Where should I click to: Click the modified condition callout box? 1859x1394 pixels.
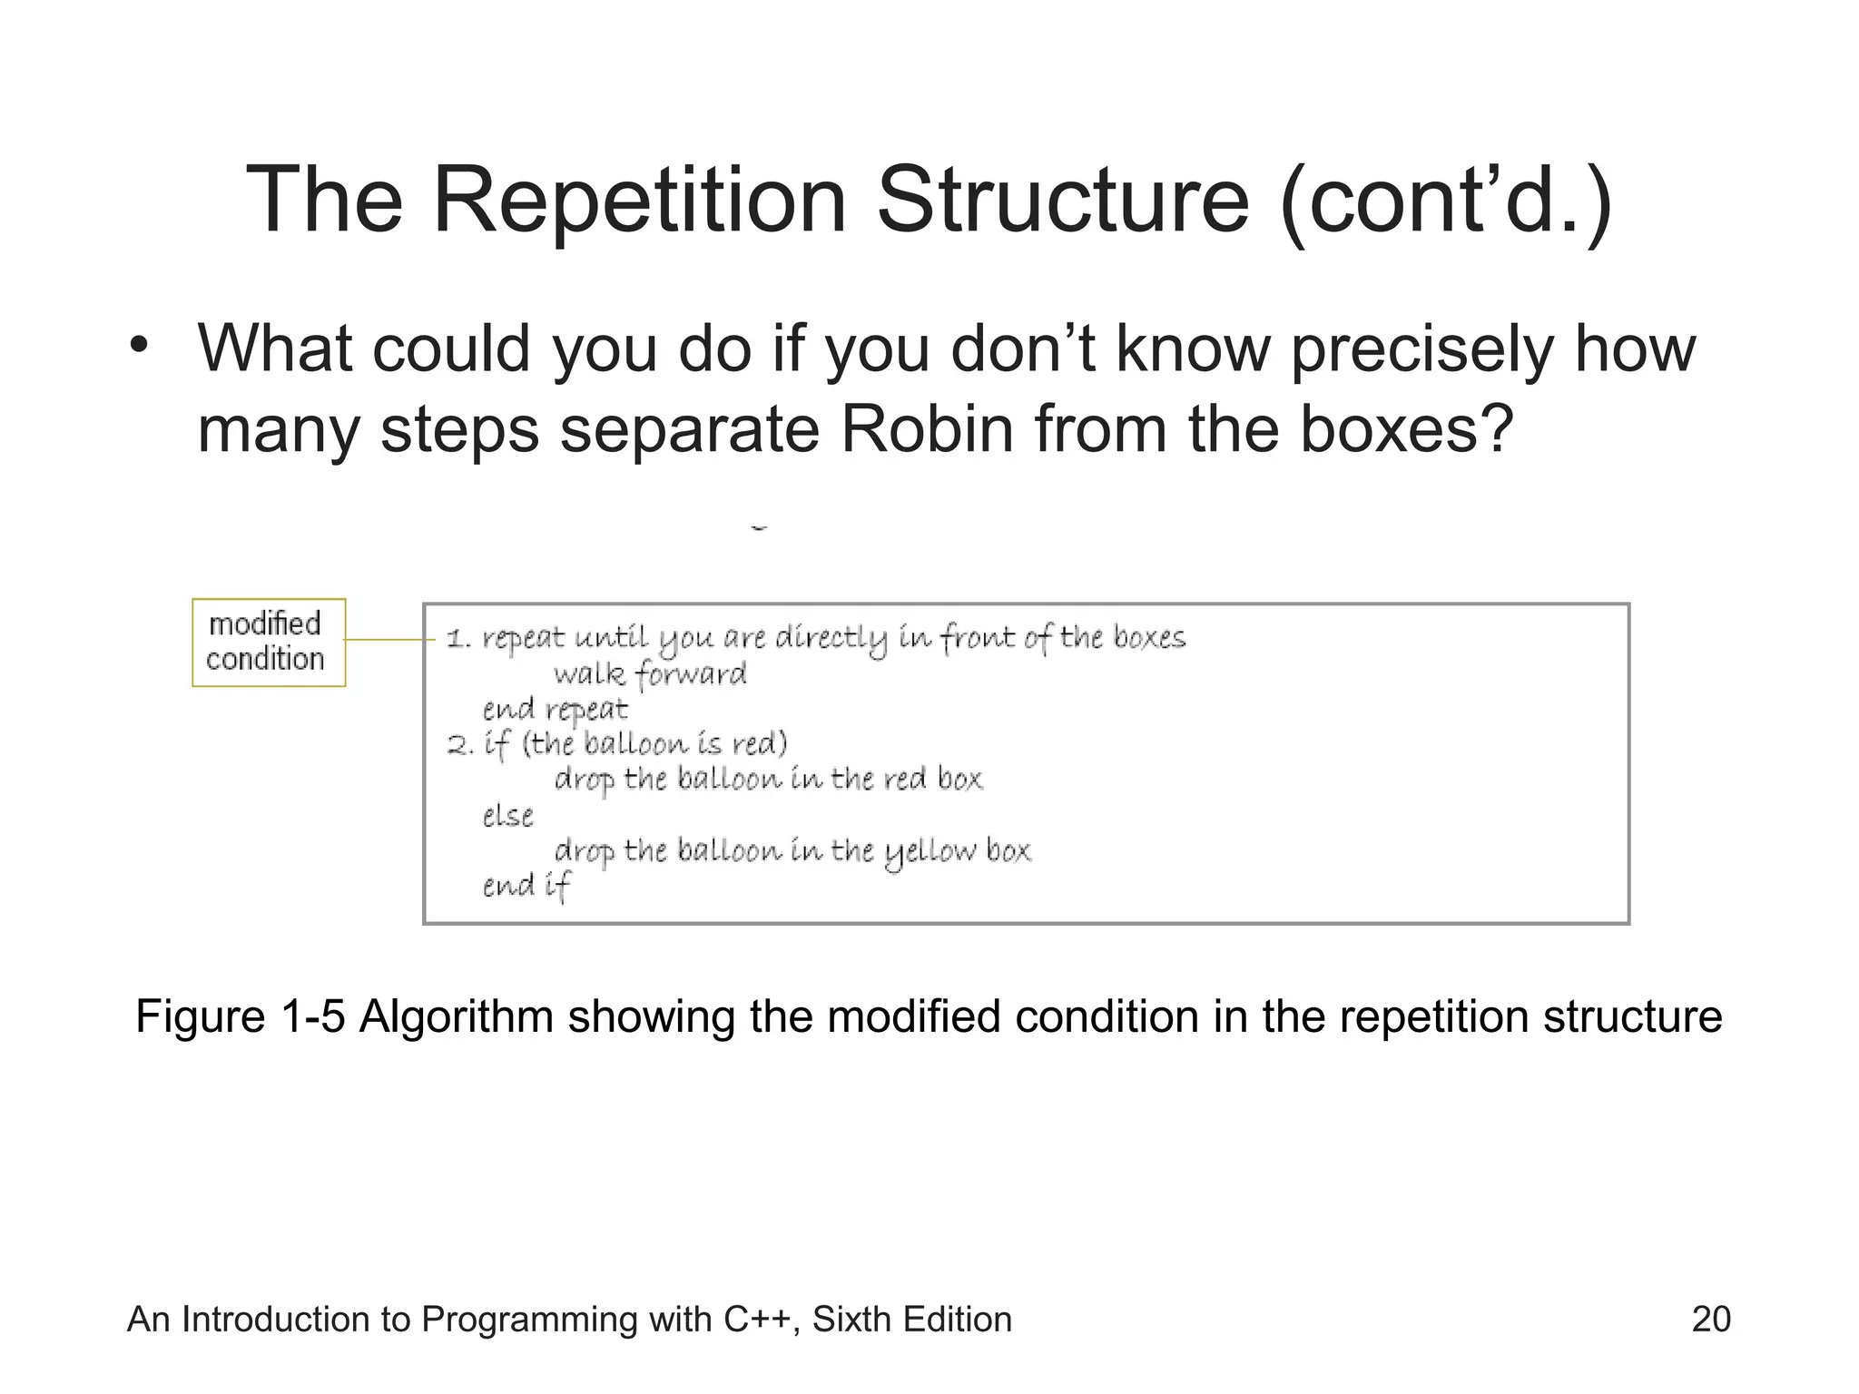(x=269, y=642)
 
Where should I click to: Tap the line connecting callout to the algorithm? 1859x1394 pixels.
(x=390, y=640)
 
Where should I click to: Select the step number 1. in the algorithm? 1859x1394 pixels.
(x=459, y=640)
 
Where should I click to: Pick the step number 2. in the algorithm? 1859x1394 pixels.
(x=460, y=746)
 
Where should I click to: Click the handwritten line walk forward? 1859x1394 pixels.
(x=650, y=674)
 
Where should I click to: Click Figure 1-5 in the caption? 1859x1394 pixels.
(x=240, y=1016)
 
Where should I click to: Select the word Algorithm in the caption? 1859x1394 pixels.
(x=456, y=1016)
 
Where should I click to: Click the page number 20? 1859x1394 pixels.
(x=1710, y=1319)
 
